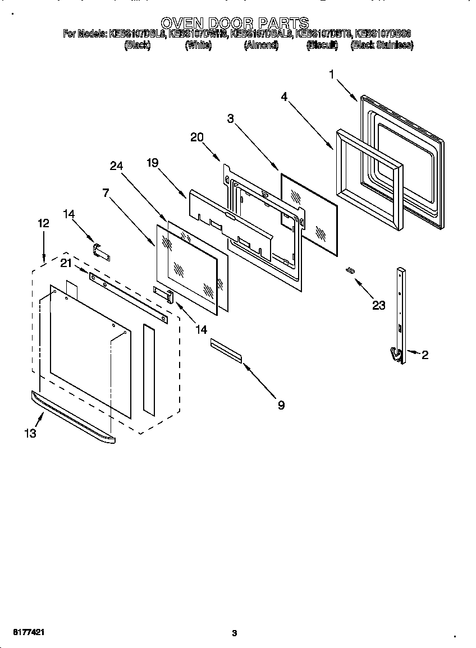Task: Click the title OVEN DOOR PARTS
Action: tap(235, 22)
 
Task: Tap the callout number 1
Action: tap(332, 74)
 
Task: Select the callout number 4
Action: tap(285, 96)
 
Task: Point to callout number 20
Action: tap(196, 137)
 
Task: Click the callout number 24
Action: tap(116, 166)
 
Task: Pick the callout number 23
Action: tap(379, 305)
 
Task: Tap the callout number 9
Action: tap(281, 405)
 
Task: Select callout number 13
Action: tap(30, 433)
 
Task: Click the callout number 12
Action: tap(43, 223)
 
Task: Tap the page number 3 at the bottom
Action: tap(235, 633)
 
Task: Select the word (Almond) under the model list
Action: tap(261, 46)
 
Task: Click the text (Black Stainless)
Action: tap(382, 46)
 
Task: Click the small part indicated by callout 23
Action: tap(350, 271)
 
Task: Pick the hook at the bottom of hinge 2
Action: tap(395, 354)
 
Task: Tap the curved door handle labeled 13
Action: tap(73, 418)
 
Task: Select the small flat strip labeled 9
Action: tap(226, 351)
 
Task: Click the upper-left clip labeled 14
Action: tap(100, 250)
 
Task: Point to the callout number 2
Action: tap(425, 355)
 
